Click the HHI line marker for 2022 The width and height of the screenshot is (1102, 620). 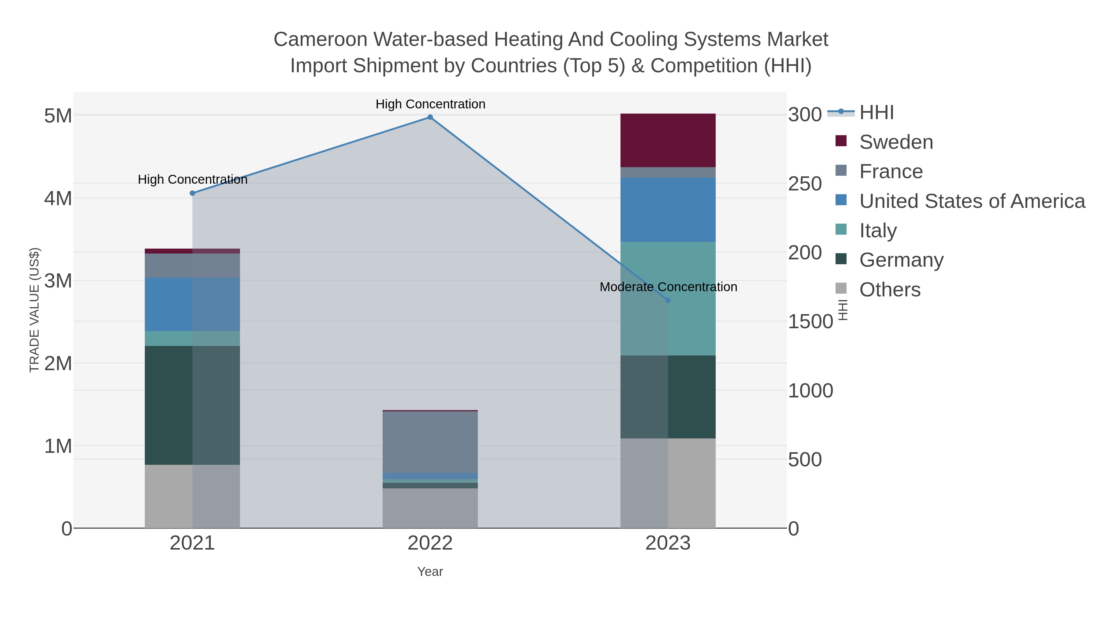coord(430,117)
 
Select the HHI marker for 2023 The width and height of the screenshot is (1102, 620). coord(668,300)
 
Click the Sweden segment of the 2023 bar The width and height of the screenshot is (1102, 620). coord(668,140)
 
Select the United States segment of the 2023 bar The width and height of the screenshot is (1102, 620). coord(668,210)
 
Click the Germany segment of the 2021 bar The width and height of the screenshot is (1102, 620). coord(169,405)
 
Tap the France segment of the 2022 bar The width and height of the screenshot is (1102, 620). coord(430,442)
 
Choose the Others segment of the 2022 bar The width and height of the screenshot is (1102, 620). coord(430,508)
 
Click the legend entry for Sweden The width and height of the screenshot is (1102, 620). coord(896,142)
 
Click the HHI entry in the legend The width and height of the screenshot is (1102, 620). coord(876,113)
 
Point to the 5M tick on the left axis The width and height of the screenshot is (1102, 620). coord(58,115)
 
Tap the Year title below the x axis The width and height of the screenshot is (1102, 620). coord(430,572)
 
